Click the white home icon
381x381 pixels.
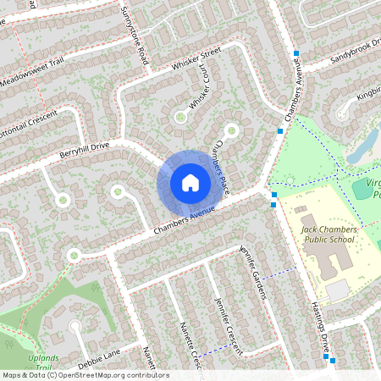coord(190,182)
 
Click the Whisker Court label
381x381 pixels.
coord(200,96)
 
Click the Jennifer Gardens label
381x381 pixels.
coord(253,272)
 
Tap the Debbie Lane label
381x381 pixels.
coord(101,353)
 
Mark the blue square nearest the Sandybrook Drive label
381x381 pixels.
coord(296,53)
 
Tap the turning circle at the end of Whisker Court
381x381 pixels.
coord(179,116)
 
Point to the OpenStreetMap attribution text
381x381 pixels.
coord(85,375)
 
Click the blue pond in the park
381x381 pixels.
coord(359,149)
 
